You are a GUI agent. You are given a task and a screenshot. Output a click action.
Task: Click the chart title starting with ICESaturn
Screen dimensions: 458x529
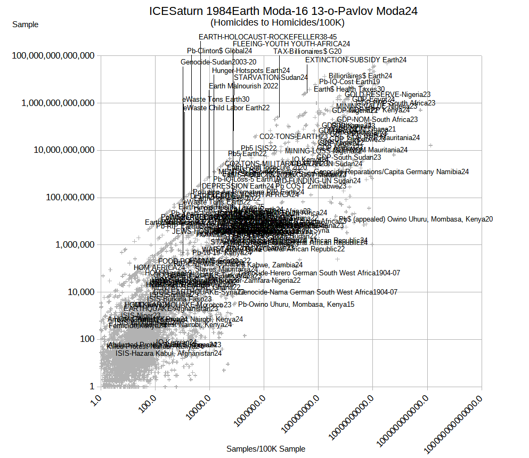283,11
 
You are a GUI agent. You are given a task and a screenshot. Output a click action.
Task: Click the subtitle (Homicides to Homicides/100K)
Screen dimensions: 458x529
277,22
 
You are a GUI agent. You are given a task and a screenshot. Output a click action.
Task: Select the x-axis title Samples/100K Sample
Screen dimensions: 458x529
266,449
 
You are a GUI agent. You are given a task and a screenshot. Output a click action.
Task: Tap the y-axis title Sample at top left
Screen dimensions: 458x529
25,24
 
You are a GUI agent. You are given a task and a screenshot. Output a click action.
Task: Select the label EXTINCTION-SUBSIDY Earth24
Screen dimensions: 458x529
356,60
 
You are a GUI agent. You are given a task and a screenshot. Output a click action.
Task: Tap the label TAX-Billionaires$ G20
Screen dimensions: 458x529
307,51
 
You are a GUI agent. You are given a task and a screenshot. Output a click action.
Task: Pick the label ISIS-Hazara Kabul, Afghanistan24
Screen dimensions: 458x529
168,353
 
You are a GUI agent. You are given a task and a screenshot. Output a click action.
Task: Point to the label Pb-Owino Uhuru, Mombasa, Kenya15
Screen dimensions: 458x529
296,304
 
